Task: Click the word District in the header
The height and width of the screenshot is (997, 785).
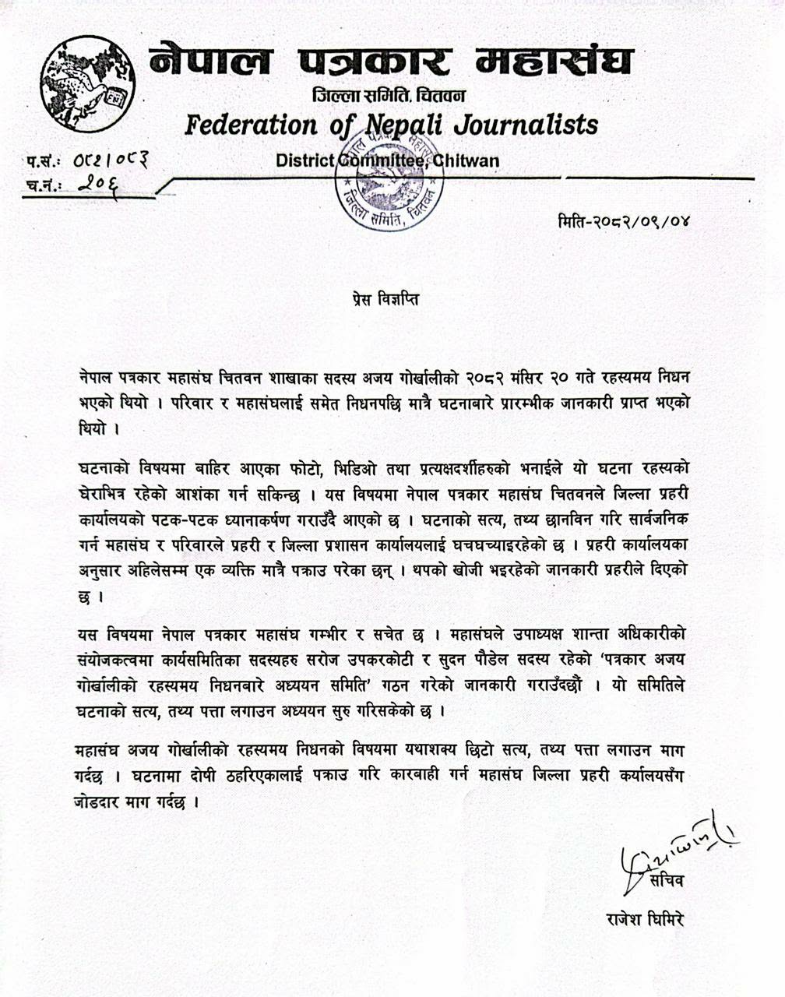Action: (305, 161)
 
